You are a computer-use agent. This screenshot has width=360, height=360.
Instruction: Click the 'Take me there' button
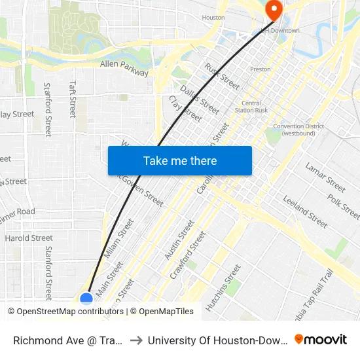180,160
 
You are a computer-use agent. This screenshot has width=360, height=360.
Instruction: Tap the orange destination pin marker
273,10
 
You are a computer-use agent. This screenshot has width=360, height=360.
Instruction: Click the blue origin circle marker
86,299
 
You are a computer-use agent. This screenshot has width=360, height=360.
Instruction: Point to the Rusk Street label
222,76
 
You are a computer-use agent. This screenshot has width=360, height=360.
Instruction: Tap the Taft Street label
73,99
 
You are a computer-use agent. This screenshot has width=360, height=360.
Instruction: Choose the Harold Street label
29,238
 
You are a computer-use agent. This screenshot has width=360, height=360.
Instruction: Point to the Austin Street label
179,238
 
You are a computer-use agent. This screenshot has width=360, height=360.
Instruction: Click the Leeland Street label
304,211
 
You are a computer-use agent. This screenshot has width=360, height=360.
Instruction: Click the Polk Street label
344,206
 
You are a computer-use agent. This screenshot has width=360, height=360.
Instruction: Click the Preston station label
261,69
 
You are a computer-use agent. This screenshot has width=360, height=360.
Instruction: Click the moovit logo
320,340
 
